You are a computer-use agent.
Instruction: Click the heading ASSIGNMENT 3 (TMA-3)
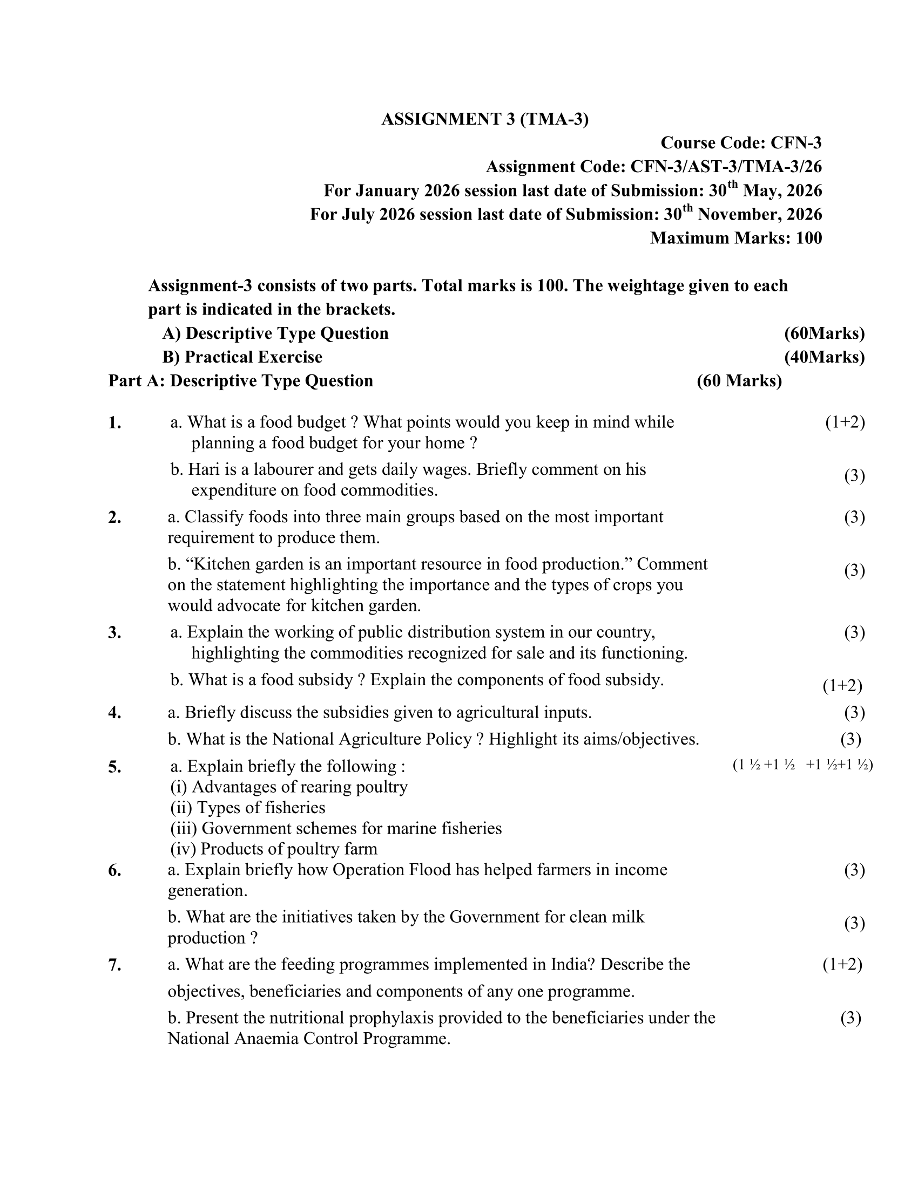click(x=484, y=119)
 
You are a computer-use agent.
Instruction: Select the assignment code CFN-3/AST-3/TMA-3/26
click(x=725, y=167)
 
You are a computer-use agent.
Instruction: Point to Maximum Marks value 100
click(x=809, y=238)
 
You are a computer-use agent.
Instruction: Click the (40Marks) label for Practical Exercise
click(x=824, y=357)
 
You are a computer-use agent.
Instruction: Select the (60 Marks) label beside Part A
click(x=739, y=381)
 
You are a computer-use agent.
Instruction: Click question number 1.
click(x=114, y=422)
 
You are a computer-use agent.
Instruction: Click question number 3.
click(x=114, y=633)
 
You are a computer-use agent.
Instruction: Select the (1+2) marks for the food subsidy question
click(x=842, y=686)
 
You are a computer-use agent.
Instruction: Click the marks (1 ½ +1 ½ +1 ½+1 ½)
click(x=802, y=765)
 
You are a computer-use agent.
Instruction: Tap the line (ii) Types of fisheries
click(x=248, y=808)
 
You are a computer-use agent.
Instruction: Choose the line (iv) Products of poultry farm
click(x=274, y=849)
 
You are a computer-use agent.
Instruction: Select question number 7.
click(x=114, y=965)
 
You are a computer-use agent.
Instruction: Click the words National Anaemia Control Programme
click(x=308, y=1039)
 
